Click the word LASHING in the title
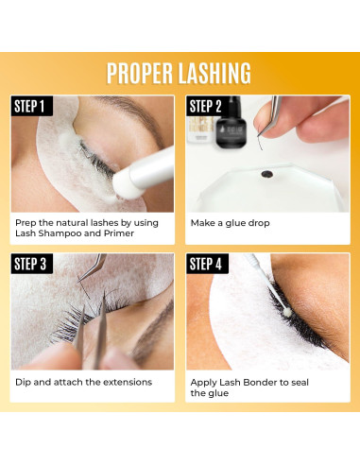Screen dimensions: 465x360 pos(218,73)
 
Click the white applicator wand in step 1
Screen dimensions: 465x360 pos(132,168)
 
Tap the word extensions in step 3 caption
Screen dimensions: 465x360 pos(121,382)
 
